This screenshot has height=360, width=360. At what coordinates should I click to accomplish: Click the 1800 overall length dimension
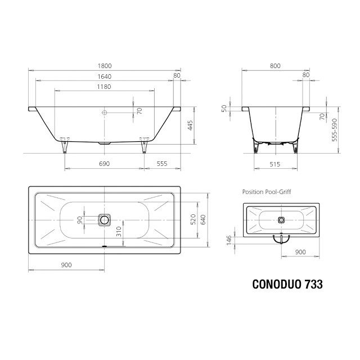coord(105,66)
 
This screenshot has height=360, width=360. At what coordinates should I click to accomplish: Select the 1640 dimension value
coord(105,76)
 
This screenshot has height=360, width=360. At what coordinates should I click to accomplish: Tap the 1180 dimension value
coord(104,87)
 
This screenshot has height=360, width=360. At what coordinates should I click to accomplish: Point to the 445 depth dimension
coord(190,125)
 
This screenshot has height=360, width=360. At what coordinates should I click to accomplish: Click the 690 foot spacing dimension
coord(104,164)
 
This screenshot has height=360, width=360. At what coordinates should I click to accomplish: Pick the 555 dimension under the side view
coord(162,164)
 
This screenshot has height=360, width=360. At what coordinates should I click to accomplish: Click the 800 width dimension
coord(275,66)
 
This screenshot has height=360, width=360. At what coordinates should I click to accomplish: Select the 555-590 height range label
coord(335,130)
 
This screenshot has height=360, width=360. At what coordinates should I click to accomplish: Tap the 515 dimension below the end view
coord(275,164)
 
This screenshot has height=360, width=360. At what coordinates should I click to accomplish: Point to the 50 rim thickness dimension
coord(224,108)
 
